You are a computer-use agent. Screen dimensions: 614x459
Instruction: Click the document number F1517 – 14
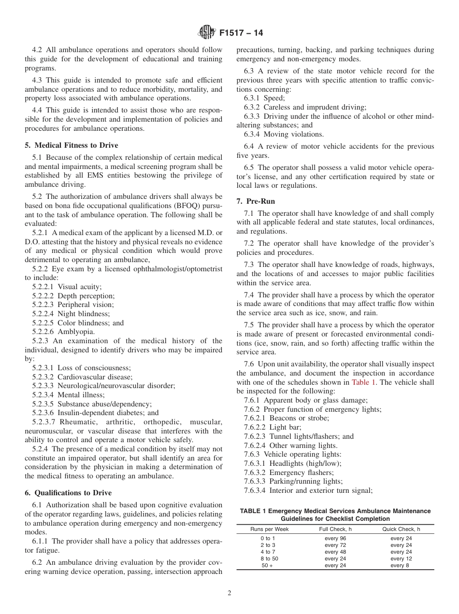241,33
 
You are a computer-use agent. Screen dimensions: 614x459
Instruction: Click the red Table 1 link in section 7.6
365,382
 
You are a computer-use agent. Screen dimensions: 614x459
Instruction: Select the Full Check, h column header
335,529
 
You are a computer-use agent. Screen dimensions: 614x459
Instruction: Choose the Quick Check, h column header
401,529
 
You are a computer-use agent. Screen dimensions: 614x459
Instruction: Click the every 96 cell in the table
335,538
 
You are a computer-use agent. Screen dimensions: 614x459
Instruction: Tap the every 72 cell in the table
335,545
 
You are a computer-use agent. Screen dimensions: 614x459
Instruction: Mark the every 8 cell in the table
400,565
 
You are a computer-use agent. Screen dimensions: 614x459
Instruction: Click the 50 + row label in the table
267,565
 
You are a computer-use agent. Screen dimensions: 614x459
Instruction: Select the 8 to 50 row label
268,558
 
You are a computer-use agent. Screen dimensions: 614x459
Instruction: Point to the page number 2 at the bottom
229,593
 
